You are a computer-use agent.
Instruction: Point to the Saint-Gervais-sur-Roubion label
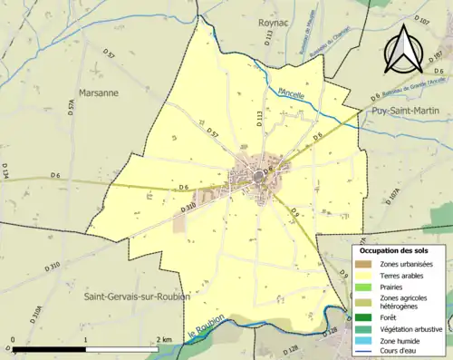[136, 297]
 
